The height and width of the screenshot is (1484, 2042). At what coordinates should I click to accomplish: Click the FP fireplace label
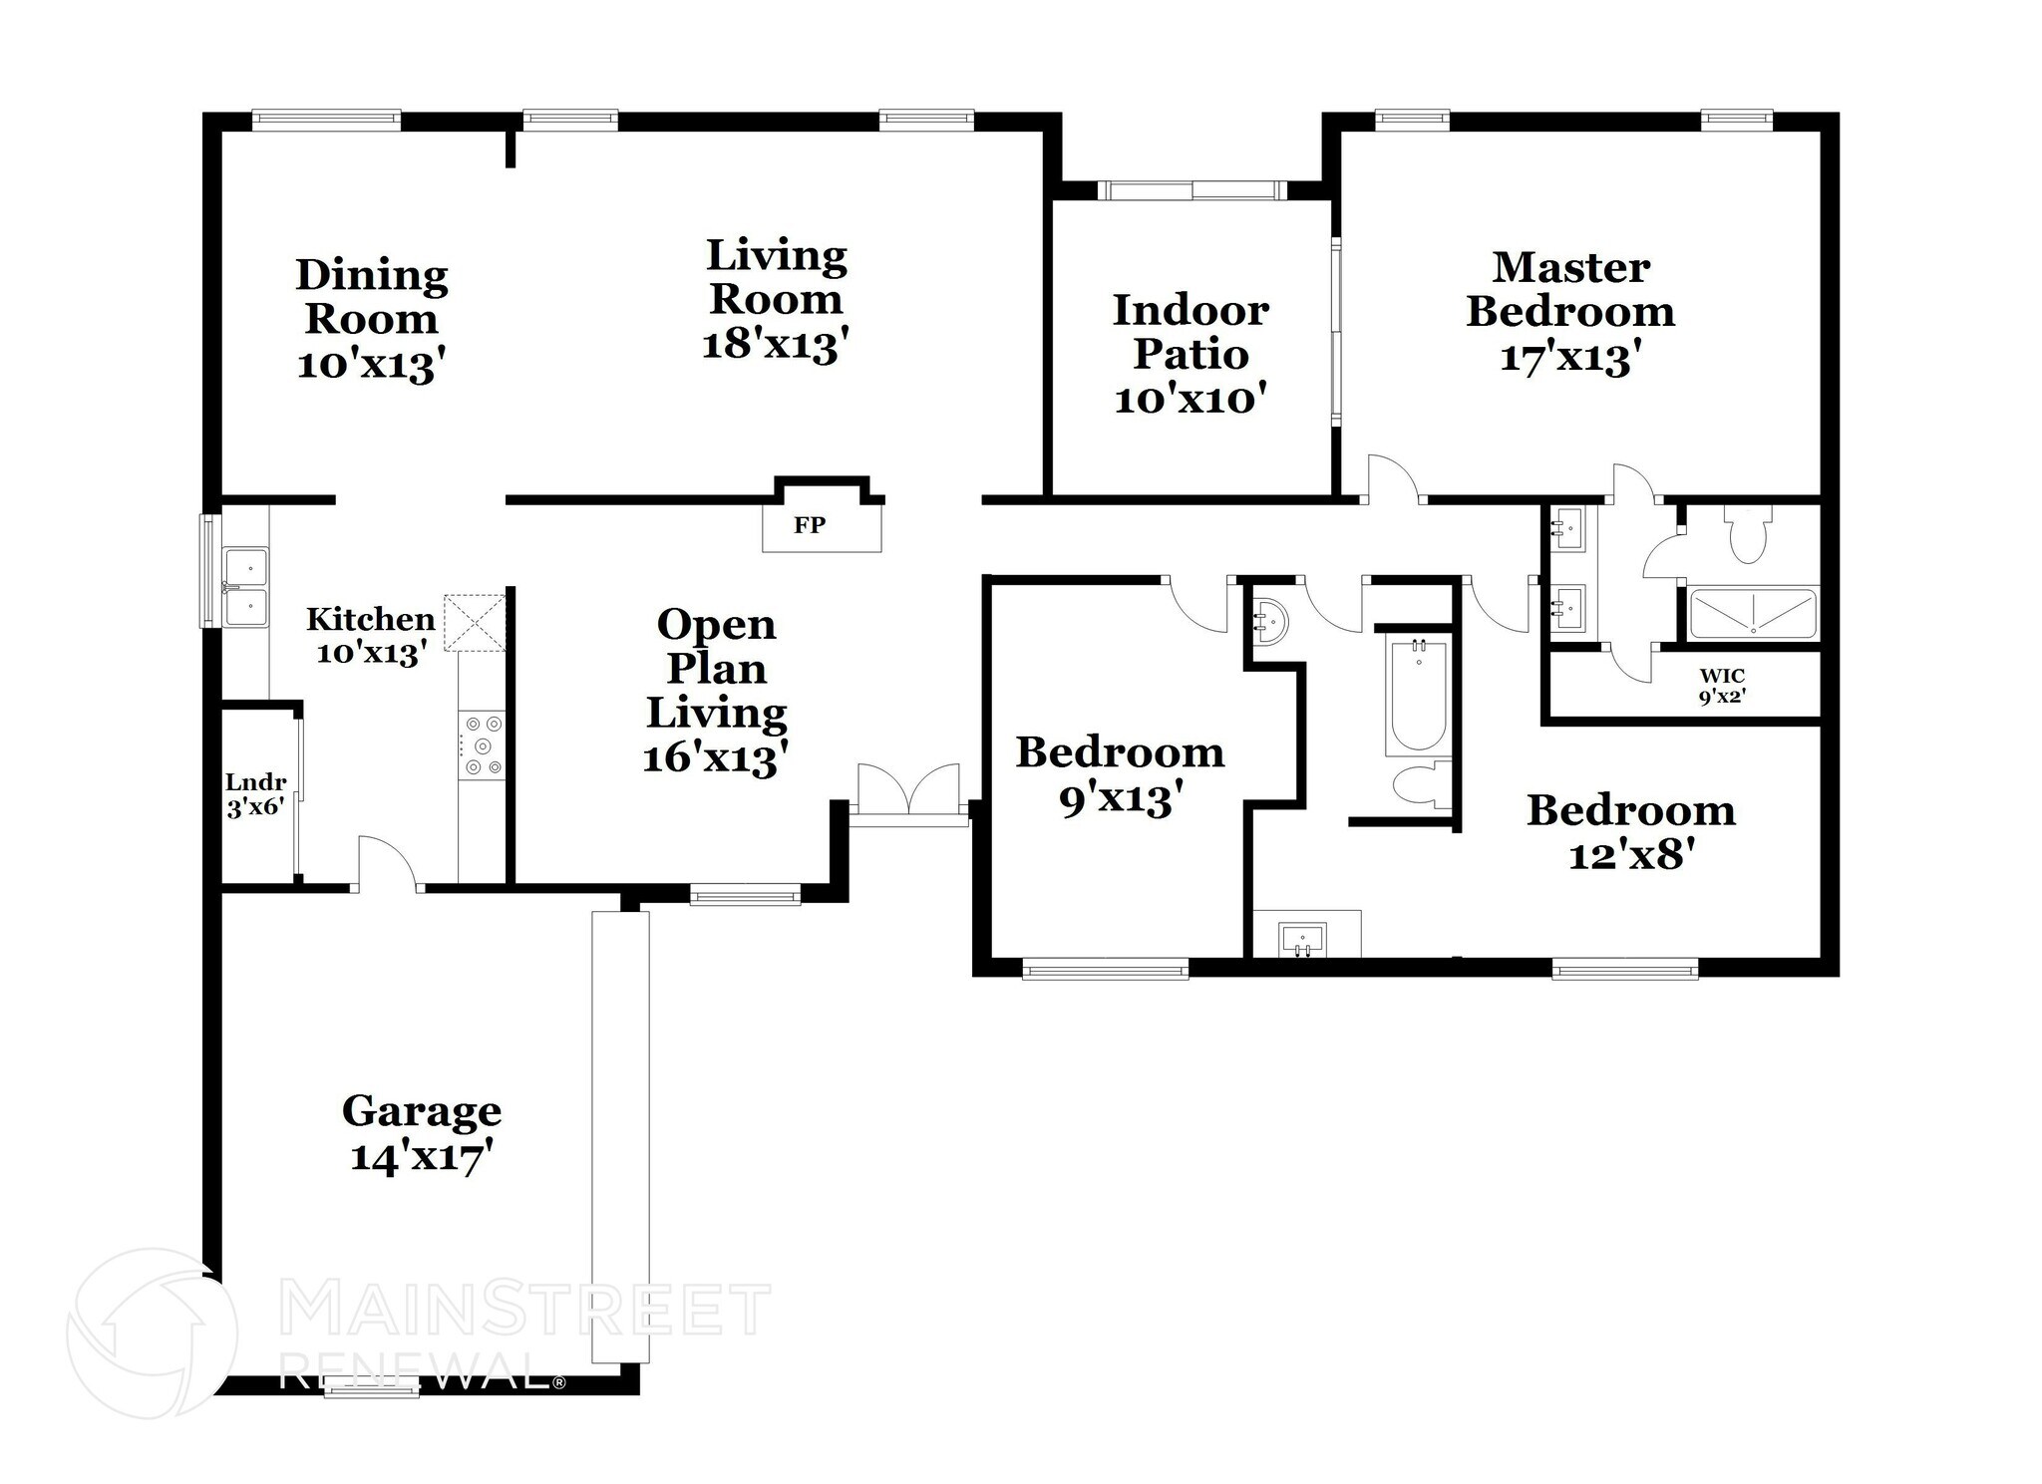[809, 525]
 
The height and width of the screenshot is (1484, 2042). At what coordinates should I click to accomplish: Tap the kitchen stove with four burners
[482, 744]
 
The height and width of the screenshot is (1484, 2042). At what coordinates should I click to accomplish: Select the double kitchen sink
[244, 586]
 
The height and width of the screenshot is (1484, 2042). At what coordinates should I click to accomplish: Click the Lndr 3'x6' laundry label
[255, 794]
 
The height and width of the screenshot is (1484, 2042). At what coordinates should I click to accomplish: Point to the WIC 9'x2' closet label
[1722, 687]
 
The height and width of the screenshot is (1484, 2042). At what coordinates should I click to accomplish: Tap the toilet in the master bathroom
[1747, 535]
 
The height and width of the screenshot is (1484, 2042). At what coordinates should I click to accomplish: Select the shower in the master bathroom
[1753, 614]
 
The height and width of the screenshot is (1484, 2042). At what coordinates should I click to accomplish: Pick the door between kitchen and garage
[387, 864]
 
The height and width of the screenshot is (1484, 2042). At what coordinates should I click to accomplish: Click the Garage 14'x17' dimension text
[422, 1157]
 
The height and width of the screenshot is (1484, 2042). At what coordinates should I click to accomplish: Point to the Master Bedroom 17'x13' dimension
[1569, 356]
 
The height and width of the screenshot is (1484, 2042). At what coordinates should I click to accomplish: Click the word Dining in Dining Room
[371, 275]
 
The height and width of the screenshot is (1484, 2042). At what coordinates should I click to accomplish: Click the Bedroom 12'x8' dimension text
[1631, 854]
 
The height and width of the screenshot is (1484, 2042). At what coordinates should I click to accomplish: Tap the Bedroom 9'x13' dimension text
[1120, 797]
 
